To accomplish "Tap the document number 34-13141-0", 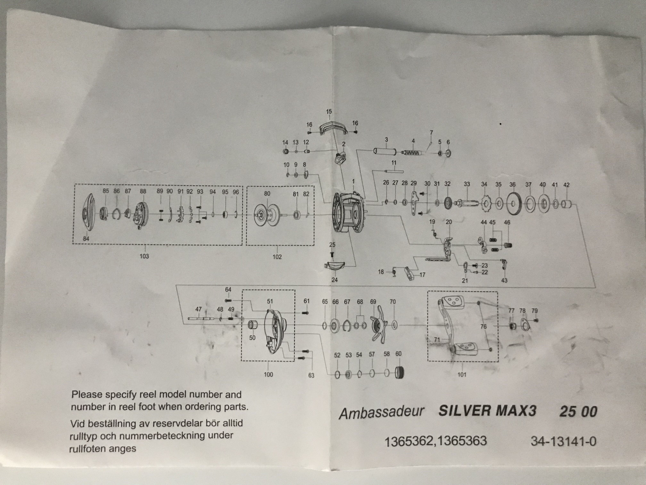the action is tap(563, 441).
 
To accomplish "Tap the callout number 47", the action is tap(198, 309).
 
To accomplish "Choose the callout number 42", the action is tap(566, 185).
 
